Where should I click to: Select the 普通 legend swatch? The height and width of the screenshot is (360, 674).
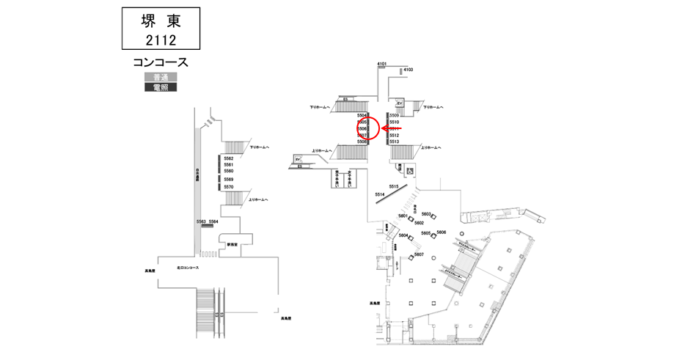click(x=160, y=78)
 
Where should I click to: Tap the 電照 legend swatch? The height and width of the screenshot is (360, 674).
click(x=160, y=87)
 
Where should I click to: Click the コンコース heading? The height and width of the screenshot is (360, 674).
click(x=160, y=63)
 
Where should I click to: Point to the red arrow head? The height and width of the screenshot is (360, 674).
click(x=383, y=128)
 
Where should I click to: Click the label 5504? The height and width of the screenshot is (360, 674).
click(x=362, y=116)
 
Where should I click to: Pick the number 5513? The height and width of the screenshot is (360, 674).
click(x=394, y=142)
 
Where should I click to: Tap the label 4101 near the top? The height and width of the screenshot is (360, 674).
click(x=381, y=65)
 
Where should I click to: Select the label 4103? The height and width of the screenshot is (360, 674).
click(x=409, y=70)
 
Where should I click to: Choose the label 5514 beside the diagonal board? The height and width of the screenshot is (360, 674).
click(x=380, y=194)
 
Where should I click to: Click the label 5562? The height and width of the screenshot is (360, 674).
click(x=228, y=158)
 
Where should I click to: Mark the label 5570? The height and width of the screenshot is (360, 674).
click(x=228, y=187)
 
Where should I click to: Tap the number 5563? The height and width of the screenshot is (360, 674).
click(x=201, y=221)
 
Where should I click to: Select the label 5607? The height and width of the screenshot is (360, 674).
click(x=420, y=254)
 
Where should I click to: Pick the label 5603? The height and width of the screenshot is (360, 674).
click(x=426, y=214)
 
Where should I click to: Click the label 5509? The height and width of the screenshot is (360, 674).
click(x=394, y=116)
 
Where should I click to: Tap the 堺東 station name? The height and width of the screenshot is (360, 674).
click(x=160, y=21)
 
